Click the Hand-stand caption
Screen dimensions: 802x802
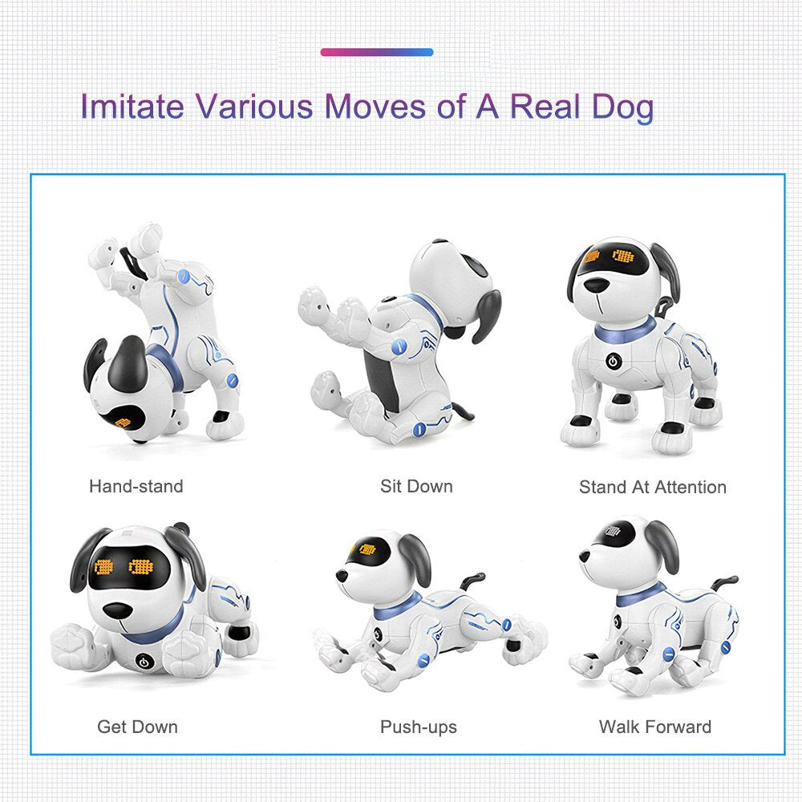pyautogui.click(x=136, y=486)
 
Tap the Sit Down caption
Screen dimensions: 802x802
pyautogui.click(x=416, y=486)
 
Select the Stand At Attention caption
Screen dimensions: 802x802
pyautogui.click(x=653, y=487)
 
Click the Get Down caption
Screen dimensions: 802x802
pyautogui.click(x=137, y=727)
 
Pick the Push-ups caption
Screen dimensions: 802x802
pyautogui.click(x=419, y=727)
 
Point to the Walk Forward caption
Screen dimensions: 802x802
pyautogui.click(x=655, y=727)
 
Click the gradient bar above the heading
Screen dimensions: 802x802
pyautogui.click(x=377, y=52)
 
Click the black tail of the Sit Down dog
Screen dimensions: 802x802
pyautogui.click(x=462, y=411)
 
